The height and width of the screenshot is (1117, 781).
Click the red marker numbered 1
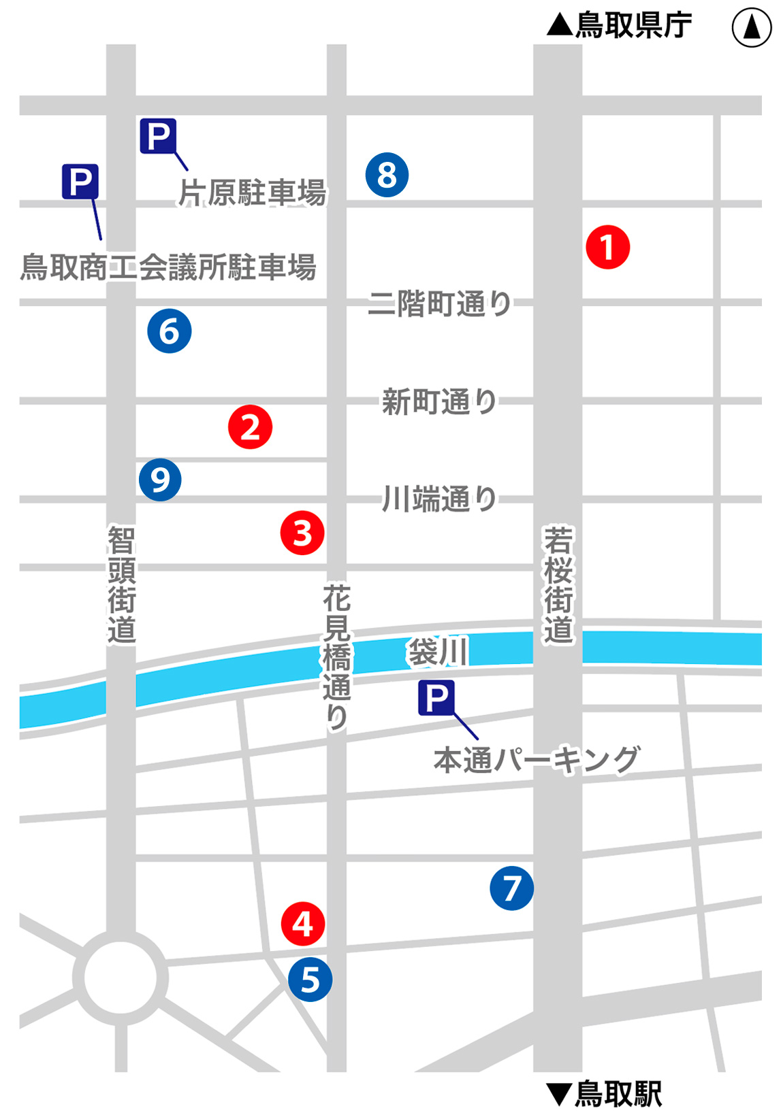pos(607,247)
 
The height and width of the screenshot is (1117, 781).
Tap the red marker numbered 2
pos(250,427)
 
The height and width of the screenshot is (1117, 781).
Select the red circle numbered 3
pos(302,533)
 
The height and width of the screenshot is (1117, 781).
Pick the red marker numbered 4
pos(303,923)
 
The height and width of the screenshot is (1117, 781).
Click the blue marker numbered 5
pos(310,980)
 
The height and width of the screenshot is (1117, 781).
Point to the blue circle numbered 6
pos(170,331)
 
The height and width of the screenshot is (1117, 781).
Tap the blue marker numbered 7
pos(511,888)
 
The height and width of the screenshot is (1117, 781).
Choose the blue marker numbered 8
pos(387,175)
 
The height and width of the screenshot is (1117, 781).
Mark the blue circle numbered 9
pos(160,480)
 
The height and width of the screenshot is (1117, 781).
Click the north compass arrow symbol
pos(752,29)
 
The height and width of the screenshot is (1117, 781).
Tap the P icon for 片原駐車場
pos(158,136)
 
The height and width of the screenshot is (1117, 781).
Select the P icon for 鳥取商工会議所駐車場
pos(80,182)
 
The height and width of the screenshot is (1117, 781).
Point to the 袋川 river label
pos(437,652)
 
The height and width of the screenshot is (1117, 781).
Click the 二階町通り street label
pos(440,303)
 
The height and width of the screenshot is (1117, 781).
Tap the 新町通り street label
pos(440,402)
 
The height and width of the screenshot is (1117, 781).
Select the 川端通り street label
pos(440,499)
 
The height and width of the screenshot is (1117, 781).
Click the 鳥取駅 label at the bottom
pos(605,1094)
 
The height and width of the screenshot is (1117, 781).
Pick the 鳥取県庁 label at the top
pos(620,26)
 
